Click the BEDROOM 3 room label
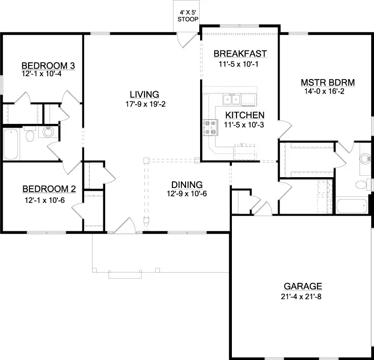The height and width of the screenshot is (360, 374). click(x=48, y=65)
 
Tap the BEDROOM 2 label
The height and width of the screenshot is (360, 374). click(x=49, y=189)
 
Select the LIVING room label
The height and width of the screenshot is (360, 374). click(x=144, y=94)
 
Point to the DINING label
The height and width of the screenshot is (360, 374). click(x=187, y=185)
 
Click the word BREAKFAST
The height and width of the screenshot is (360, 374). click(x=240, y=54)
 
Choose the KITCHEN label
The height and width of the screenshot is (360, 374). click(x=245, y=115)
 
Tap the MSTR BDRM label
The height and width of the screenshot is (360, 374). click(x=328, y=83)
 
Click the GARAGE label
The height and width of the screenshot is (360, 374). click(x=303, y=286)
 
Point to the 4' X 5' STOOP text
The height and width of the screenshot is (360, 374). click(x=188, y=16)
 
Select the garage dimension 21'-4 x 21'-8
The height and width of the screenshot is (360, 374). click(x=301, y=296)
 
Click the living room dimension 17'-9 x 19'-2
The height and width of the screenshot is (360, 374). click(x=145, y=104)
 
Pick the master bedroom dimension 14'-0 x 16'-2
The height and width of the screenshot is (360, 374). click(x=324, y=91)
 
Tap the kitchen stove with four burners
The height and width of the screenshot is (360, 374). click(x=211, y=128)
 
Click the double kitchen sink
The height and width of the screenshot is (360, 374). click(x=231, y=99)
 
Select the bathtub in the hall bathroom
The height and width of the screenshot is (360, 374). click(x=11, y=144)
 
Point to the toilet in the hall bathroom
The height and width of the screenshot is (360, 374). click(x=30, y=134)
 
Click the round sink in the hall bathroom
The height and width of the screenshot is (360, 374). click(x=49, y=132)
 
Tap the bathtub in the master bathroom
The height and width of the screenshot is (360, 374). click(x=352, y=206)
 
